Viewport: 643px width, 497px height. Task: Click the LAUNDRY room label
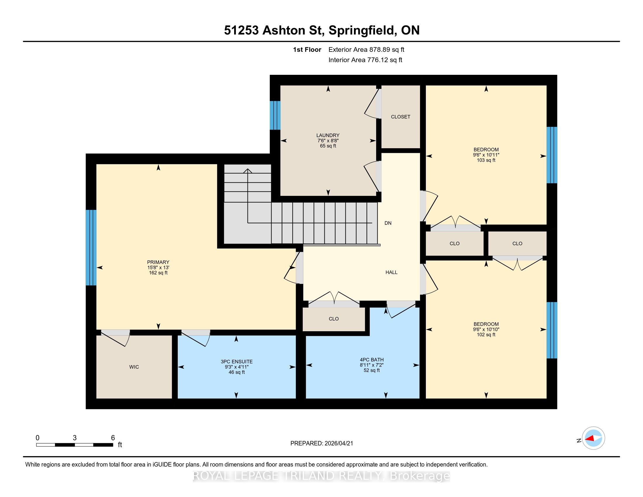[328, 135]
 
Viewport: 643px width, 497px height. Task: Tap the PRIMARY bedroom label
[158, 262]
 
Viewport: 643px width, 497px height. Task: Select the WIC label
[134, 367]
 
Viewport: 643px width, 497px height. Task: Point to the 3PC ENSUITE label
[237, 362]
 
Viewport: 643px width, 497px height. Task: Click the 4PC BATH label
[371, 360]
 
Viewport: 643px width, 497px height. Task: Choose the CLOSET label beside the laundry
[400, 117]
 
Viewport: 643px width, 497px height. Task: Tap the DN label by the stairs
[388, 223]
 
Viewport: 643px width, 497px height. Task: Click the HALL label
[392, 272]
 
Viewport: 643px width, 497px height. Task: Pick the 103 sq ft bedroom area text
[486, 160]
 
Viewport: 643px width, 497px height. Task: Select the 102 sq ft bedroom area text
[486, 334]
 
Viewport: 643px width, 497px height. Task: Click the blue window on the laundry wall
[275, 115]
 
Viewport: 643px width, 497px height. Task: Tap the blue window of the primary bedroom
[91, 248]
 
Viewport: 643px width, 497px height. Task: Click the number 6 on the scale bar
[113, 438]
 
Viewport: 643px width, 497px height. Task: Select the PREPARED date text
[321, 443]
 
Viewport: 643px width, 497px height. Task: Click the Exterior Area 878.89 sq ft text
[367, 50]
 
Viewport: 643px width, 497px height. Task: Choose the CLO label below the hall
[333, 319]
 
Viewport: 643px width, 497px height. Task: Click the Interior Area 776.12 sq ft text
[365, 60]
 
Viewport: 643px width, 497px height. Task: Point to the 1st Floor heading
[307, 50]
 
